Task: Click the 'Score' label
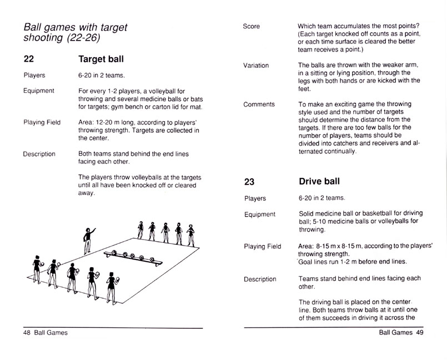click(252, 26)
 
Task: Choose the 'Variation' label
click(256, 66)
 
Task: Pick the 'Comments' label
click(259, 104)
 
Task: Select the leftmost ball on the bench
click(113, 253)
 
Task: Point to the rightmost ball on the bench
click(150, 258)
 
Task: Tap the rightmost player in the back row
click(192, 233)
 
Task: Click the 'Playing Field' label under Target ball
click(42, 122)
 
